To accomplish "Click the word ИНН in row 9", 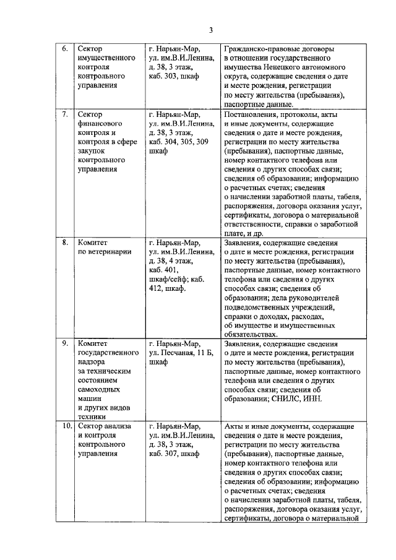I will click(x=314, y=399).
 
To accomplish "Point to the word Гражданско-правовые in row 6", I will click(x=261, y=48).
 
